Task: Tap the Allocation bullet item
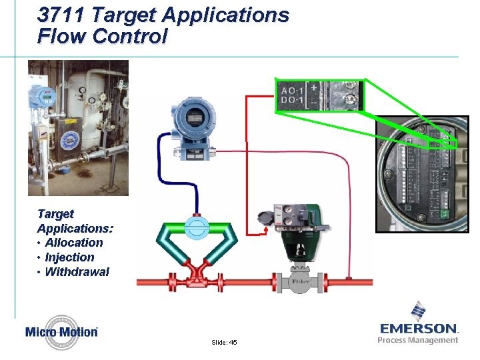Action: click(74, 243)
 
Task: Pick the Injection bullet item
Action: click(69, 257)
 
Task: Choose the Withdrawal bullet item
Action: click(77, 271)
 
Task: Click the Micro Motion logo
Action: click(62, 331)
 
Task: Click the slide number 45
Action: click(224, 342)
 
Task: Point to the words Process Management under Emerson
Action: click(418, 340)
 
